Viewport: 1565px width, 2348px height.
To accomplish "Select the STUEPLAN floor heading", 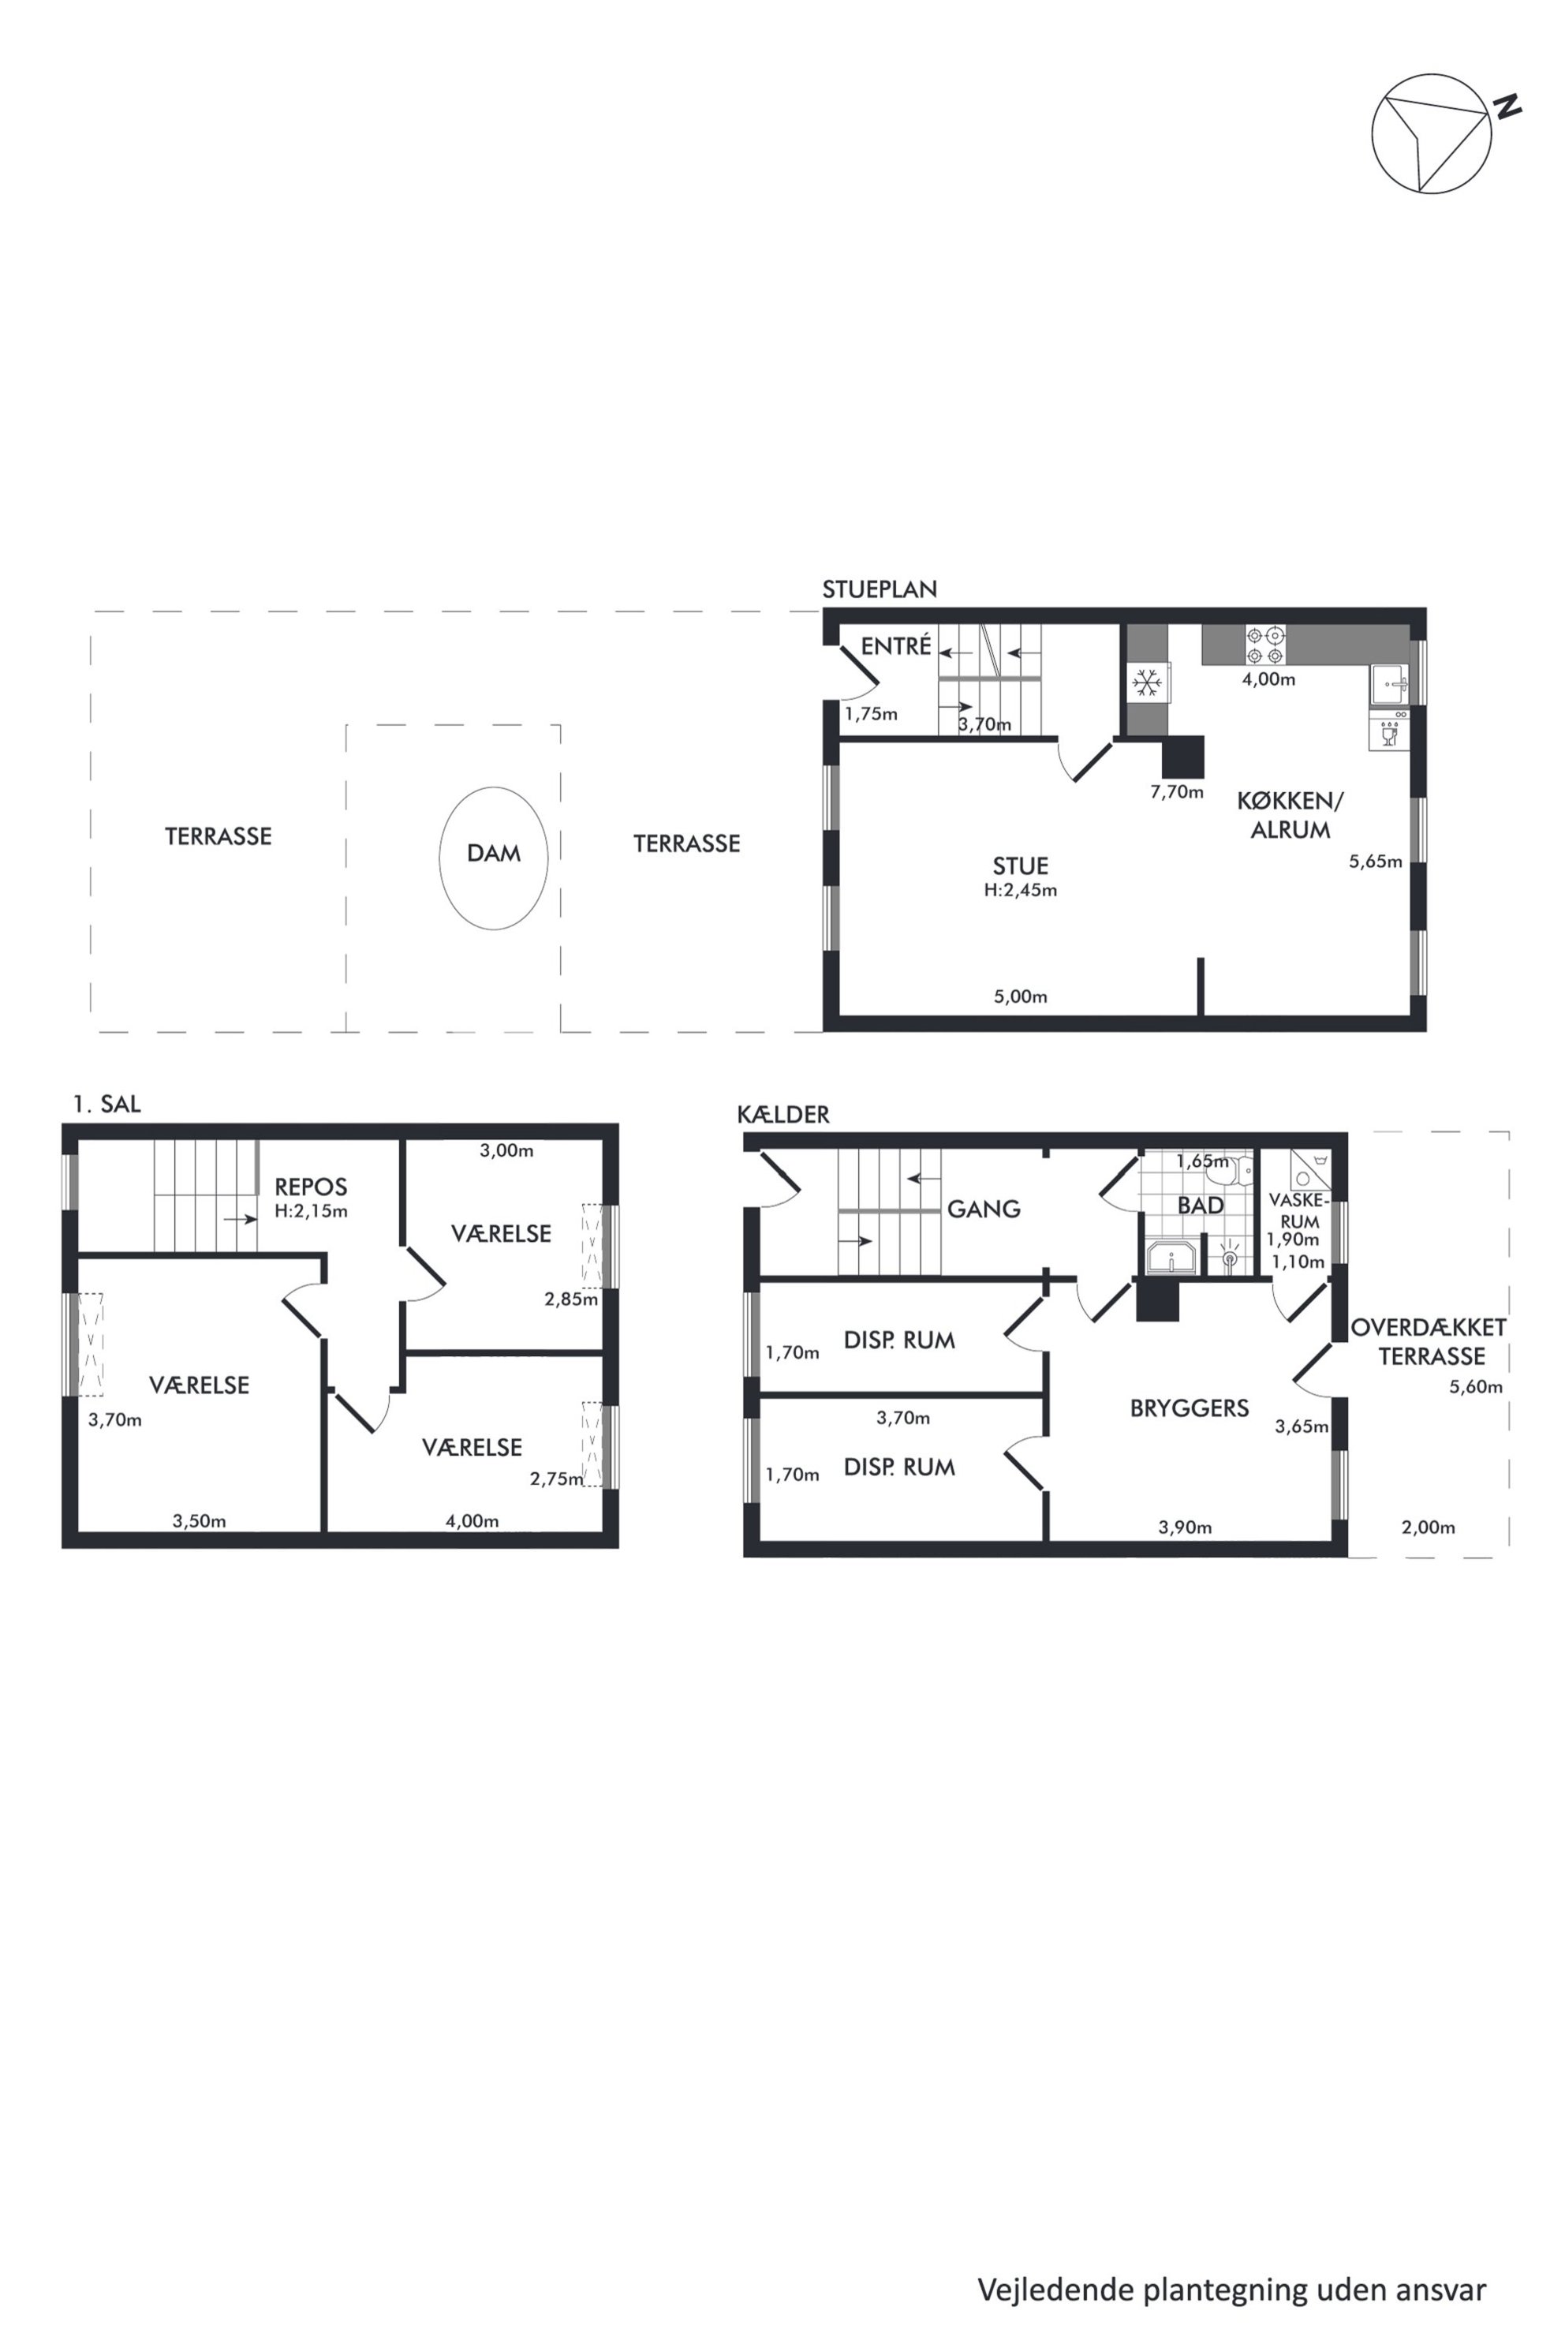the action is point(880,589).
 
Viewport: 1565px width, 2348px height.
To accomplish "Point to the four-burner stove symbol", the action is point(1265,645).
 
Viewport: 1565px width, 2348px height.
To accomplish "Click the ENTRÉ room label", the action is point(896,646).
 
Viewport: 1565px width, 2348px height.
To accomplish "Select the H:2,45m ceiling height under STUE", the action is point(1020,889).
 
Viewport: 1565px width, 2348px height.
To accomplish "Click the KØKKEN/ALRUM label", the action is point(1290,814).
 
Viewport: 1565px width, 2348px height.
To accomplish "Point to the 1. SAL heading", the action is point(106,1103).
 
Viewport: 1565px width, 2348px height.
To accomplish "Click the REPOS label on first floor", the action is point(312,1187).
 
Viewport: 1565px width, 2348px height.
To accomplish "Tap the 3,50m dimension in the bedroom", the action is point(200,1521).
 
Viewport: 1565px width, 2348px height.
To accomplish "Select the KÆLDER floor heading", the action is point(783,1114).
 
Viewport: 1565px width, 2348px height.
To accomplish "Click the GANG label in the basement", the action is point(984,1209).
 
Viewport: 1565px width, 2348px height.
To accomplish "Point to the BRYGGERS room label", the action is point(1190,1408).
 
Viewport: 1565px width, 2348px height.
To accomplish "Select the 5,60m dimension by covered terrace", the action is point(1476,1387).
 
